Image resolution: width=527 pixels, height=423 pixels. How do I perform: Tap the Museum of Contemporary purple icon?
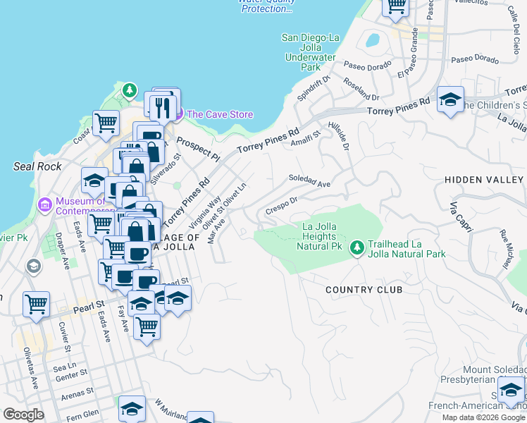click(45, 205)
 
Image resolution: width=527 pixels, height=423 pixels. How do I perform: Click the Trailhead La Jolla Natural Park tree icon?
click(358, 247)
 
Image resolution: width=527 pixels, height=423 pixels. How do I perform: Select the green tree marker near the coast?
click(129, 90)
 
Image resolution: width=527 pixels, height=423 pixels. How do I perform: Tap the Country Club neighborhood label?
click(364, 290)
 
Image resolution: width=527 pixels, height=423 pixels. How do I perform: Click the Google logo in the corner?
click(23, 415)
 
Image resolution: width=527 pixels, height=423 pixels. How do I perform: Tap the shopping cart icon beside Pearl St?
click(36, 305)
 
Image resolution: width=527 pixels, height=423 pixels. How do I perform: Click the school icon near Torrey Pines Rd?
click(450, 99)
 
